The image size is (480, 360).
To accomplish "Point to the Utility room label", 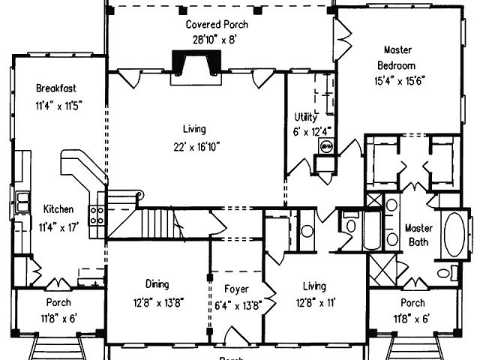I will [306, 118].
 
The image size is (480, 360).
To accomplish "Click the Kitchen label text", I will [58, 209].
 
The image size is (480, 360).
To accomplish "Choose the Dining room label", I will [157, 284].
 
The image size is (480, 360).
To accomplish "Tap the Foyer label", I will [236, 289].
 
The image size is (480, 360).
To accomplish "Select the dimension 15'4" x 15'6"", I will [397, 79].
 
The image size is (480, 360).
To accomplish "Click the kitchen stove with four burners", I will [96, 217].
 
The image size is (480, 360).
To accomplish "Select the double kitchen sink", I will [22, 201].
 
